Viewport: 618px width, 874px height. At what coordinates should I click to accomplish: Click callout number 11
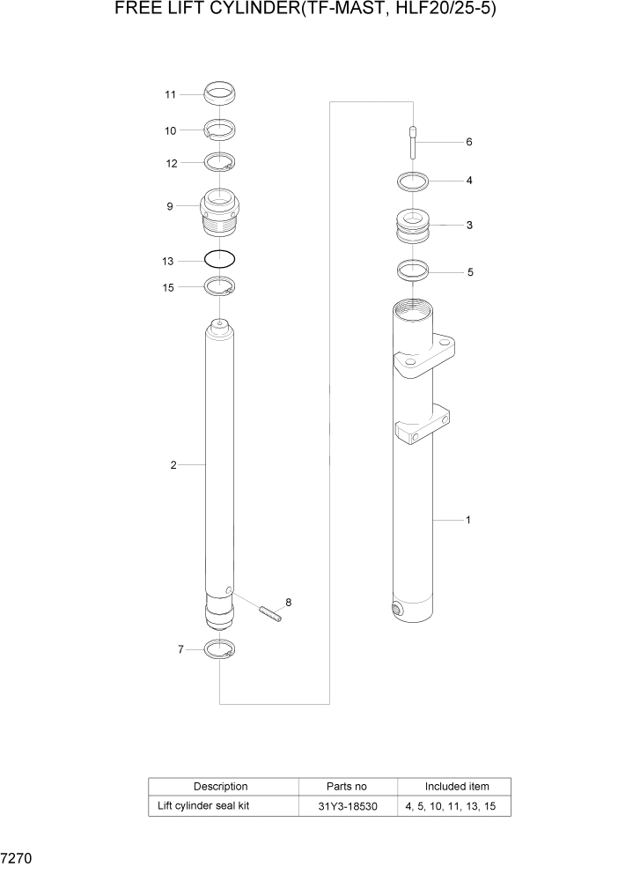point(171,94)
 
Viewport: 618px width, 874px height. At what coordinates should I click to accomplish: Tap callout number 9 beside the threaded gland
point(170,207)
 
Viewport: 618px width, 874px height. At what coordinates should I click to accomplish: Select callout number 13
point(168,262)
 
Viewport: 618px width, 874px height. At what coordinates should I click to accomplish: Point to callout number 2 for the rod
point(173,464)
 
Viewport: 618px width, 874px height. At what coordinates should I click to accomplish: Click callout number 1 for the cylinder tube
point(467,520)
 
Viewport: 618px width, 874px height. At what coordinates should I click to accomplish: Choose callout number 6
point(469,142)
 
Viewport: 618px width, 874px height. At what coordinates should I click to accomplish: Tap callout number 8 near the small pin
point(288,603)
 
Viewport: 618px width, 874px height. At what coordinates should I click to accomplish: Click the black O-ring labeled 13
point(220,260)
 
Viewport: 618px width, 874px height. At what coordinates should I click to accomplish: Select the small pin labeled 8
point(269,613)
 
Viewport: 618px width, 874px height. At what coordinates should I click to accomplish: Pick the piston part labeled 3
point(412,226)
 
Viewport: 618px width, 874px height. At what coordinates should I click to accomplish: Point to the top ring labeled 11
point(220,91)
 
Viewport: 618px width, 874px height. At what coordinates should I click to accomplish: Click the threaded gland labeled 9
point(220,213)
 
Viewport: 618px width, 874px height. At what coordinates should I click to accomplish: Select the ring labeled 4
point(412,182)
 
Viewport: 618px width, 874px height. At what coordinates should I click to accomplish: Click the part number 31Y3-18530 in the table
point(348,806)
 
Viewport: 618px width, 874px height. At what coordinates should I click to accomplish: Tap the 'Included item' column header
point(456,786)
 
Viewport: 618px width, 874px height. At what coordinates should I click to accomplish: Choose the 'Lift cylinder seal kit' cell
point(203,806)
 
